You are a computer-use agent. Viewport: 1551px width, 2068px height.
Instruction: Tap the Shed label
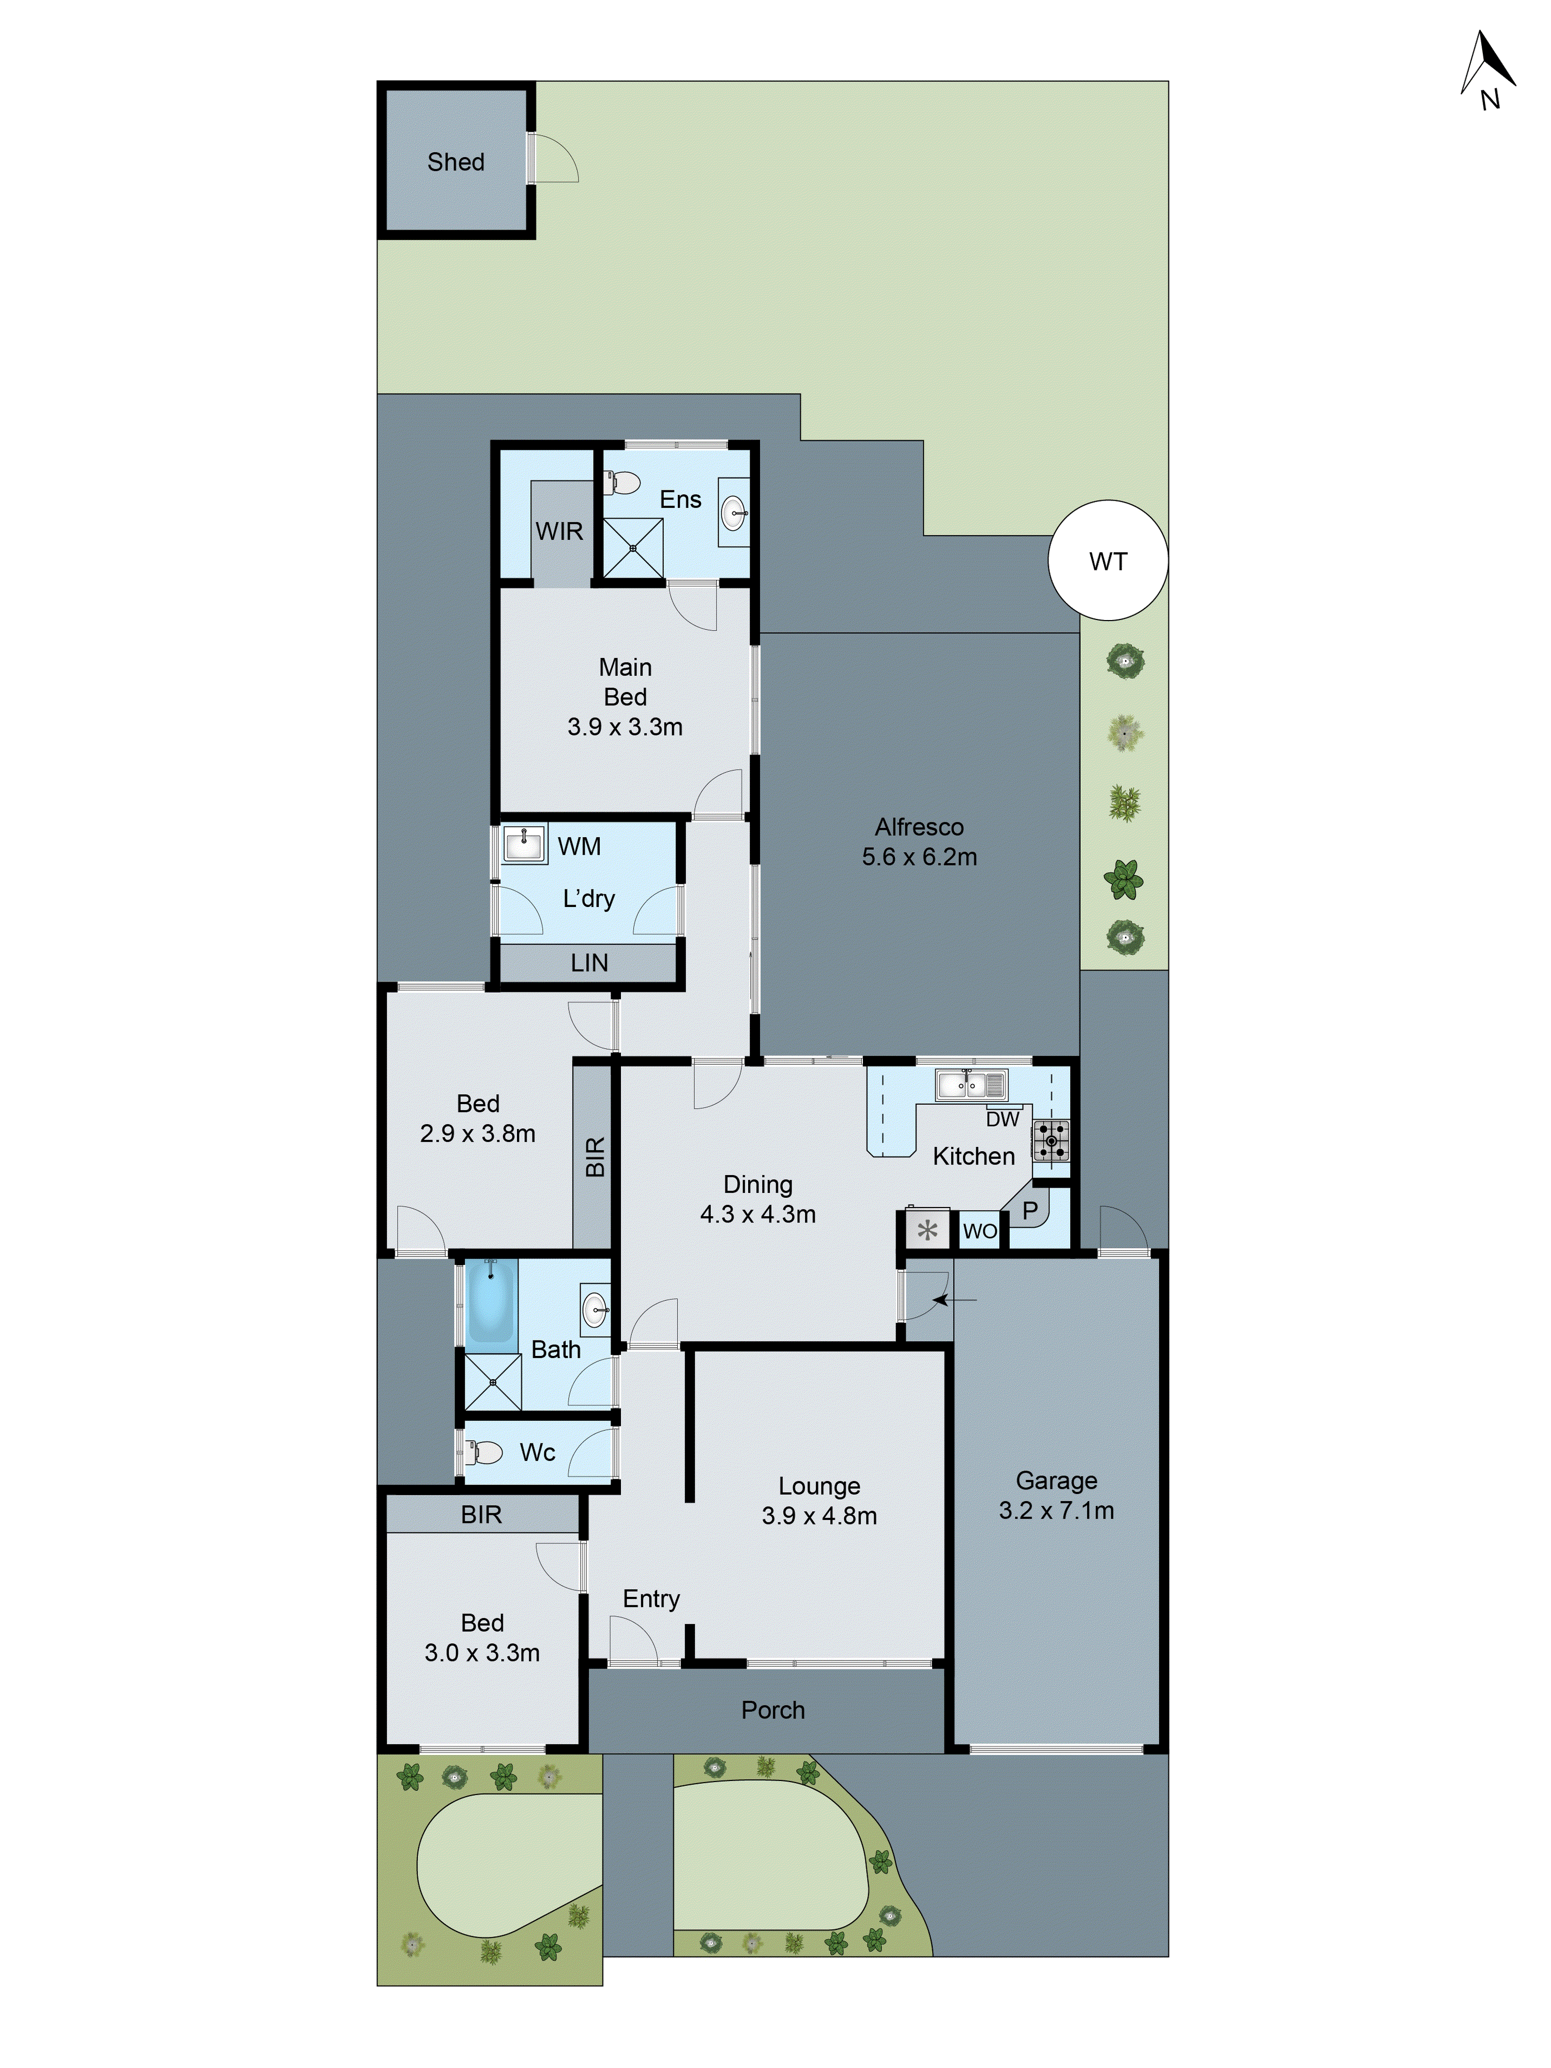(x=455, y=162)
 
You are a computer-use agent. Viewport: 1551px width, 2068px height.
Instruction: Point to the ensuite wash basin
(x=734, y=512)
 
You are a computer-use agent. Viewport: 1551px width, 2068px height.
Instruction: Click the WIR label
(x=559, y=531)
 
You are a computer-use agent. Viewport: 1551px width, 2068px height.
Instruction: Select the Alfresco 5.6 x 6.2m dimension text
(x=919, y=856)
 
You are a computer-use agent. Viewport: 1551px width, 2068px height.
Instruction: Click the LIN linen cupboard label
(x=589, y=963)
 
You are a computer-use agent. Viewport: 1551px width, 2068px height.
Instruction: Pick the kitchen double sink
(x=970, y=1084)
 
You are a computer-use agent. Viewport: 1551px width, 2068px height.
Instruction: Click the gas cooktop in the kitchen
(x=1051, y=1141)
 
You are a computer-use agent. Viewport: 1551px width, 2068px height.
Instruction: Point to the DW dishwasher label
(x=1002, y=1119)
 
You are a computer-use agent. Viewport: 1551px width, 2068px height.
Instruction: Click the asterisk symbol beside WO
(x=926, y=1230)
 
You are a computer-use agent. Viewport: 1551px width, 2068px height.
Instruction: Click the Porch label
(x=772, y=1710)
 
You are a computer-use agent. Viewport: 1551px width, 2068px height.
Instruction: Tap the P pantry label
(x=1029, y=1211)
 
